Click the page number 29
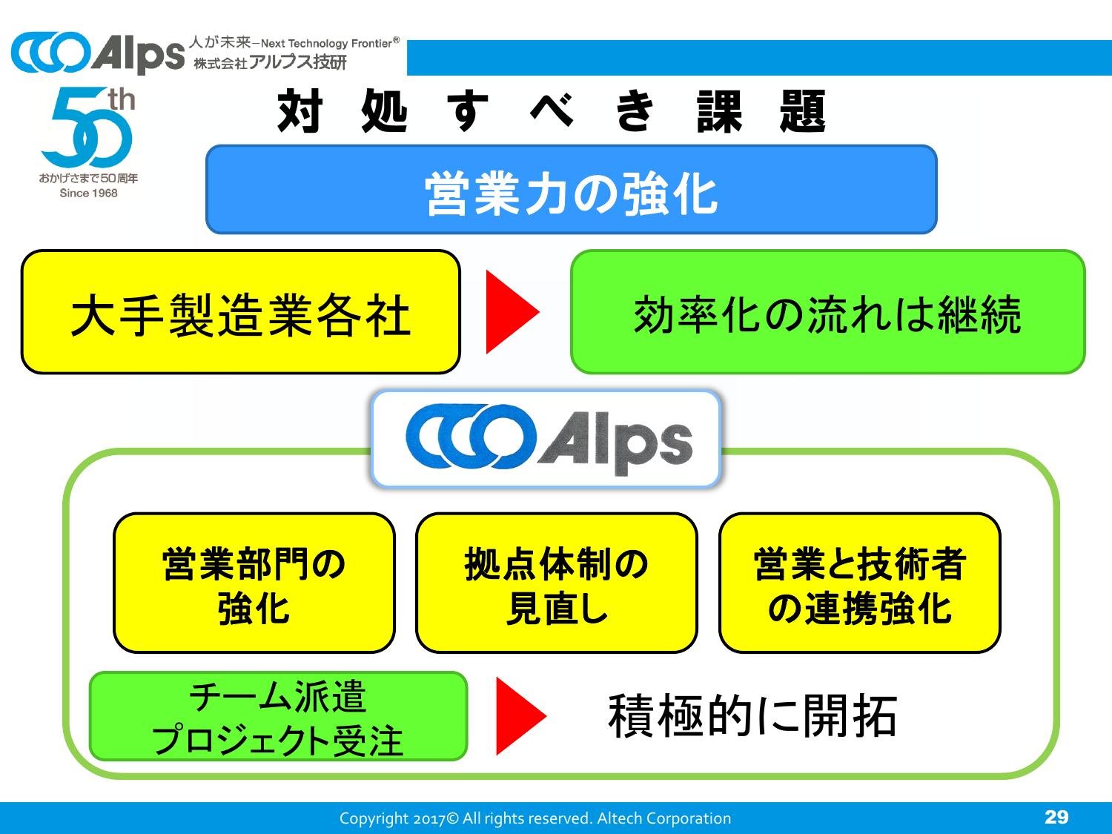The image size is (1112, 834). pos(1056,817)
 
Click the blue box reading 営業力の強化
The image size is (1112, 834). pos(571,190)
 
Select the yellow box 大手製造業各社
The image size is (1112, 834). pos(240,312)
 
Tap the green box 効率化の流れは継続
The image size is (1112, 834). pos(827,312)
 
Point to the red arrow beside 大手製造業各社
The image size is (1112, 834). pos(511,312)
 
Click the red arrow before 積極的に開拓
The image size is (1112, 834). pos(520,715)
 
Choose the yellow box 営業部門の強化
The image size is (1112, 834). pos(254,583)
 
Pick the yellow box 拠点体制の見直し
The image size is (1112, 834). pos(556,583)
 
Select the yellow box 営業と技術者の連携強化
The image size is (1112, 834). pos(859,583)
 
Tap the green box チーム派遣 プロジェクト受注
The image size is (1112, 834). pos(278,716)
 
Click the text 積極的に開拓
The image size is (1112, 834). pos(752,716)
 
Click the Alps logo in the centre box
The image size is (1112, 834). pos(546,440)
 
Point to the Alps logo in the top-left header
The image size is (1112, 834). pos(97,54)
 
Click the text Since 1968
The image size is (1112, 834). pos(88,193)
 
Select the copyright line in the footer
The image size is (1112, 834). pos(535,818)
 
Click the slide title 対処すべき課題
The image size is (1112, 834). pos(552,113)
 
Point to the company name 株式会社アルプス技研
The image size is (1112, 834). pos(270,63)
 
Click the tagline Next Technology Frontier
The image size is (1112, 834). pos(331,44)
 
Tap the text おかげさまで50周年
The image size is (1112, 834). pos(88,179)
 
